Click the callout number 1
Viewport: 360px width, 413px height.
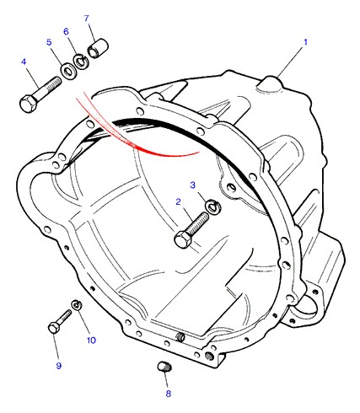click(x=305, y=42)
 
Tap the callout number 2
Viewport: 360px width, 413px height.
click(x=178, y=201)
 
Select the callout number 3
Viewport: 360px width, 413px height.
click(x=192, y=185)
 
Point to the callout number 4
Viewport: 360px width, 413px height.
click(x=24, y=62)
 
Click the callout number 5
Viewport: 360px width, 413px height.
click(x=49, y=42)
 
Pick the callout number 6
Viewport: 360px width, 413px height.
click(x=66, y=31)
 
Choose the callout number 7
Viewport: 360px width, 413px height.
click(x=87, y=18)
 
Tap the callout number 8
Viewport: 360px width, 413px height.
click(x=169, y=394)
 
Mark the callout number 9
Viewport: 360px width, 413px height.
click(x=58, y=366)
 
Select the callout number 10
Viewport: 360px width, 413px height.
click(x=91, y=341)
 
